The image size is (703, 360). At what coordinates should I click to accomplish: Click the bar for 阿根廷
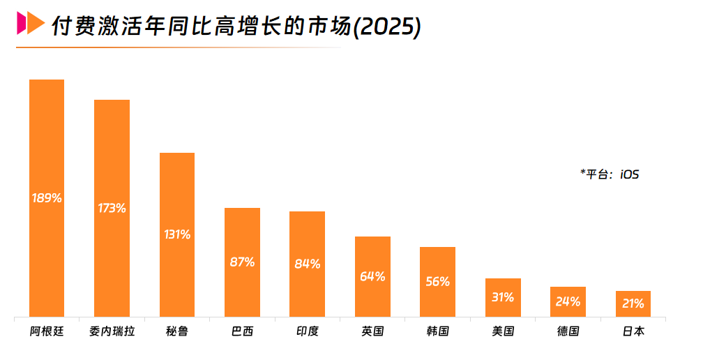point(47,140)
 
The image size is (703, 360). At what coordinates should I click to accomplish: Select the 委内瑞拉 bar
point(112,153)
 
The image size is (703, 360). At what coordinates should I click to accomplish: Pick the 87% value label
point(242,262)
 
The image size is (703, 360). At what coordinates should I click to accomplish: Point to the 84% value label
point(307,264)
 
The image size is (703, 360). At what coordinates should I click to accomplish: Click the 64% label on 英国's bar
point(372,276)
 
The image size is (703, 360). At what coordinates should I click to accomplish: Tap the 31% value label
point(502,297)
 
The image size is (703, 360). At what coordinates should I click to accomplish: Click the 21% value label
point(633,303)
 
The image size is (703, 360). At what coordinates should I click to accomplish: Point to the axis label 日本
point(633,331)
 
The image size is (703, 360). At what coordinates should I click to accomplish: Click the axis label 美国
point(502,331)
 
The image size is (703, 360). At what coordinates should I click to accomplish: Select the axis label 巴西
point(242,331)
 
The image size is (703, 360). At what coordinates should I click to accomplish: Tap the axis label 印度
point(307,331)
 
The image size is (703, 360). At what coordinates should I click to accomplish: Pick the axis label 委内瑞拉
point(112,331)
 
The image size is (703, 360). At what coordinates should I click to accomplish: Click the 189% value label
point(47,198)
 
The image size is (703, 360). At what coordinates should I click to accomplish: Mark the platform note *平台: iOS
point(609,174)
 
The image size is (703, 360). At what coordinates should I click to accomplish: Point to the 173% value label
point(112,208)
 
